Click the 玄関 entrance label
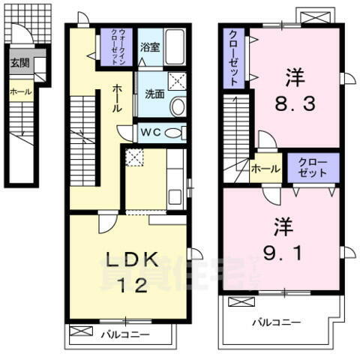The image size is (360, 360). click(19, 64)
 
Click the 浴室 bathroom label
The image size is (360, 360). click(149, 46)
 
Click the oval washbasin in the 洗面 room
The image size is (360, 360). click(177, 107)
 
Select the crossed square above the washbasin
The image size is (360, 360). click(177, 82)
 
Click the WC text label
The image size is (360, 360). click(149, 133)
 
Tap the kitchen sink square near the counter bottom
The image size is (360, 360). click(175, 198)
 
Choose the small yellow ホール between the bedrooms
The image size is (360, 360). click(265, 169)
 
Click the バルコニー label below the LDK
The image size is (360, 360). click(124, 334)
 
